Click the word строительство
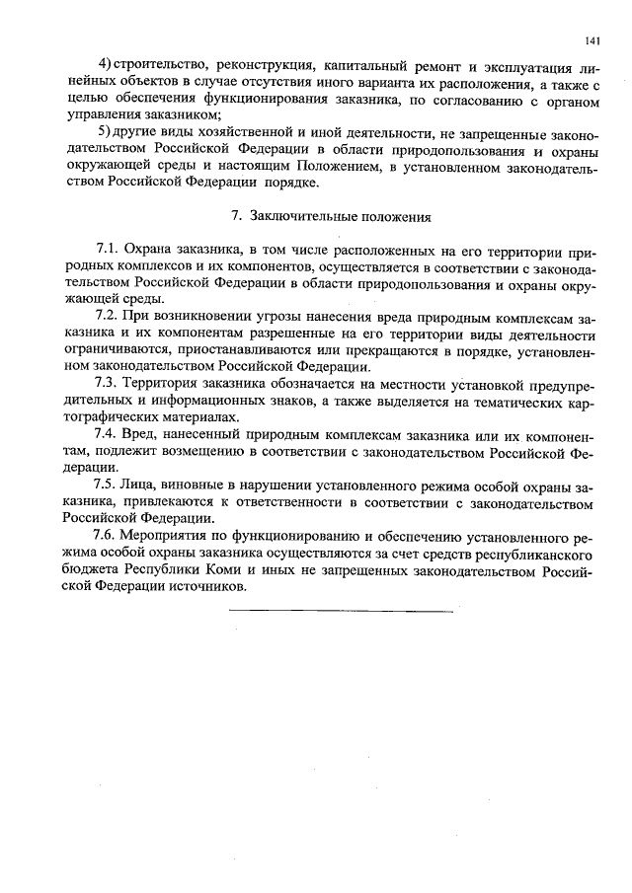coord(154,65)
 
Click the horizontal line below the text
coord(341,612)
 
